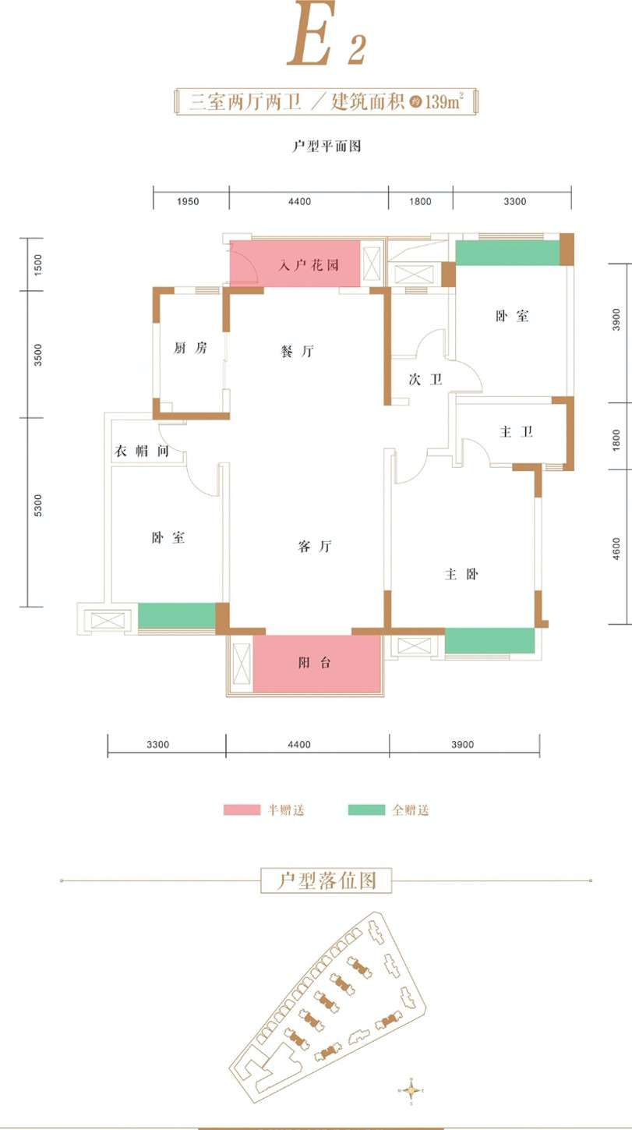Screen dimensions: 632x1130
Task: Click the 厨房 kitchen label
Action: click(x=190, y=348)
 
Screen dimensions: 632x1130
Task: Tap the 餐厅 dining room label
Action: click(x=297, y=351)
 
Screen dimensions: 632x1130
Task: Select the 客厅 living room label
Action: click(x=315, y=547)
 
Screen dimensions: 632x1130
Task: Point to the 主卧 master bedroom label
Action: click(x=461, y=574)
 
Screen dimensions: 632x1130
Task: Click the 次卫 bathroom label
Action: click(x=425, y=379)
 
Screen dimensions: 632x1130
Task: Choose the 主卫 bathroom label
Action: click(x=517, y=432)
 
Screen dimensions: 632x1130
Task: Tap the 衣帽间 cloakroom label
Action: click(x=142, y=451)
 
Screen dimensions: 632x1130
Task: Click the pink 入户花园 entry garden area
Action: click(x=295, y=264)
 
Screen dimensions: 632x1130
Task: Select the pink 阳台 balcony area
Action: click(x=316, y=664)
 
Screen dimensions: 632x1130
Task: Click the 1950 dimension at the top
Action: click(x=188, y=202)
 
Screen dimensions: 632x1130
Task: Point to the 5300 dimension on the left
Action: click(x=38, y=505)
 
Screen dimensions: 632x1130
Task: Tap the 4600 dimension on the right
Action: click(x=616, y=549)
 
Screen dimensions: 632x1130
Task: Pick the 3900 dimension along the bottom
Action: click(x=462, y=745)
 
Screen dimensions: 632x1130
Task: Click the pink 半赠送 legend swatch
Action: click(x=242, y=809)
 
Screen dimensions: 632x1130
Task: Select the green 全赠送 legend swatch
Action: click(x=366, y=809)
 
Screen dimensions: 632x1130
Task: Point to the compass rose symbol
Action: click(x=411, y=1091)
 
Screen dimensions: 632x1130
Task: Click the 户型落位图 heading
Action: click(x=327, y=880)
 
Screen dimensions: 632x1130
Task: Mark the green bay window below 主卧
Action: click(x=489, y=641)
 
